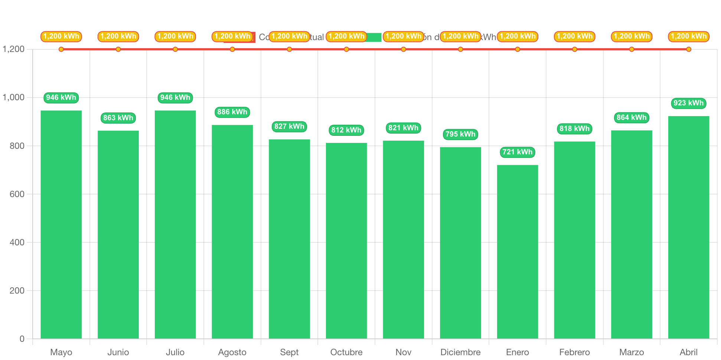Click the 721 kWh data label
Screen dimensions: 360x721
(517, 152)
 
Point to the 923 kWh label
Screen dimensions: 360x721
(688, 103)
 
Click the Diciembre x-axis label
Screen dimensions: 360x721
(460, 352)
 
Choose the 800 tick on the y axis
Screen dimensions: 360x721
(17, 146)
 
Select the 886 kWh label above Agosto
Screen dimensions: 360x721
(232, 112)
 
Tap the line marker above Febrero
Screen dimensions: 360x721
(574, 49)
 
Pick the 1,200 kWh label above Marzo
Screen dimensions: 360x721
(632, 36)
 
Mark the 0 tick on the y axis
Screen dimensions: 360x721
(22, 339)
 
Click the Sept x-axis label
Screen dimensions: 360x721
(289, 352)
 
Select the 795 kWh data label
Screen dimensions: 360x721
(460, 134)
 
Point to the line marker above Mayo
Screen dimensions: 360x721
(61, 49)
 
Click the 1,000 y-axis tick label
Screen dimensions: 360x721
(14, 97)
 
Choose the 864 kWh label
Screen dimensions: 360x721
(632, 118)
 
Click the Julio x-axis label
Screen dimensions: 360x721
(175, 352)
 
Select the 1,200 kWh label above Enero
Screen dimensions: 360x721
(518, 36)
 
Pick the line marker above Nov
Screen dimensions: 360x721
(403, 49)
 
